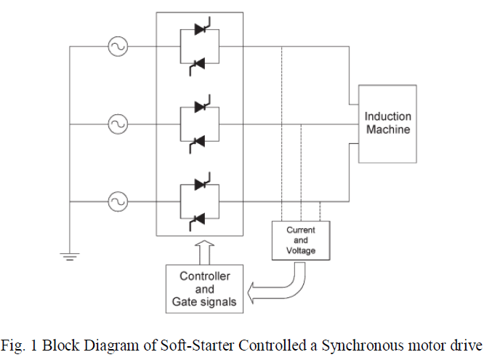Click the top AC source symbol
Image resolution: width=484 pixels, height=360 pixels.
tap(116, 48)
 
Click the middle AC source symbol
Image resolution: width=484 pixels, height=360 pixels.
tap(117, 124)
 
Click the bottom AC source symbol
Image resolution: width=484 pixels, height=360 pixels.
tap(116, 200)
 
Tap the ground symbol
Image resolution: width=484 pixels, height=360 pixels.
tap(70, 254)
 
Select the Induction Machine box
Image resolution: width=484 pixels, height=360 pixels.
tap(387, 124)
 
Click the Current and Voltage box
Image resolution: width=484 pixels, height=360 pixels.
tap(301, 240)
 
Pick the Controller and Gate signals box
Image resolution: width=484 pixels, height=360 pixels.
tap(206, 289)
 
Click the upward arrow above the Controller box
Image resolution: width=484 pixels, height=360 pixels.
tap(206, 251)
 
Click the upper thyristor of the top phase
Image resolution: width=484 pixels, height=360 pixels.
tap(200, 31)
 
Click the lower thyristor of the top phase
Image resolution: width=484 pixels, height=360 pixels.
tap(200, 66)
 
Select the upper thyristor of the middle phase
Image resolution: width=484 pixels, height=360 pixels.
tap(200, 106)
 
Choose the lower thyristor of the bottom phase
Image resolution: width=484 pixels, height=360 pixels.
tap(200, 217)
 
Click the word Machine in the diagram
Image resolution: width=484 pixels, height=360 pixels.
tap(387, 130)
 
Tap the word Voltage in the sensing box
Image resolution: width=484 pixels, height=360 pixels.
tap(301, 250)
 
